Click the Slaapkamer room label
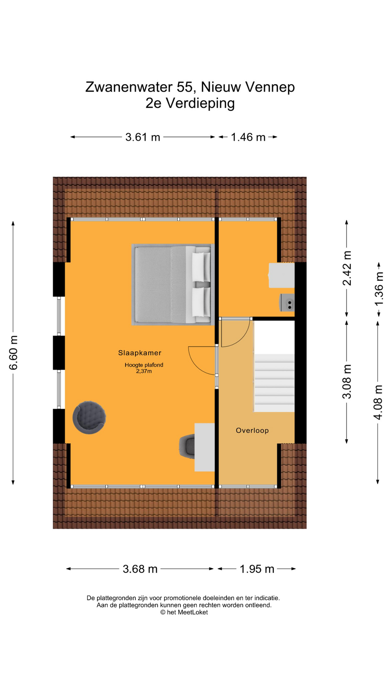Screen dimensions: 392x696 [x=140, y=353]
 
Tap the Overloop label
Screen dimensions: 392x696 [x=252, y=430]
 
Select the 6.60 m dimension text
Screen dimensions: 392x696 [x=13, y=352]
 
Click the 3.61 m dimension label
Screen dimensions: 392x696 [x=143, y=137]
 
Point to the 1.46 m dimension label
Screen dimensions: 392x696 [x=248, y=137]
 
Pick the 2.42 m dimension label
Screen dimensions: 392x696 [x=347, y=268]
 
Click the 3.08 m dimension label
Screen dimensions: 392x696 [x=347, y=381]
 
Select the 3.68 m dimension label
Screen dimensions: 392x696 [x=140, y=569]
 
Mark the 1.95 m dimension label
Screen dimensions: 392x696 [x=257, y=569]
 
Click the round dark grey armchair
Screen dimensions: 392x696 [x=89, y=417]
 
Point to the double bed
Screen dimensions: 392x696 [x=173, y=285]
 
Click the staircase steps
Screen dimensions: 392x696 [x=274, y=383]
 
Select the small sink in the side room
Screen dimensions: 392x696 [x=287, y=303]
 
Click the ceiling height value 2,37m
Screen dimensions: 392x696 [x=144, y=371]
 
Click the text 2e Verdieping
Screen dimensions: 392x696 [x=190, y=103]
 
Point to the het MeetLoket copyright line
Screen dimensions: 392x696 [x=184, y=612]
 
